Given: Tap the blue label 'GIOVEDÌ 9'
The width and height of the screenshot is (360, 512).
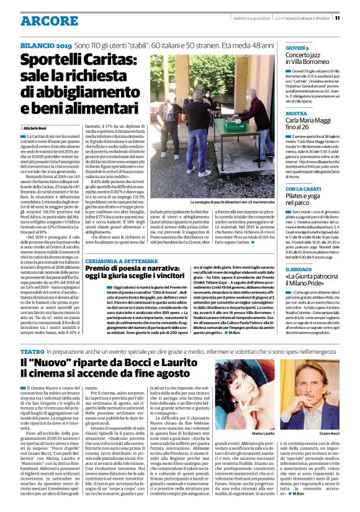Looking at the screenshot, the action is click(297, 48).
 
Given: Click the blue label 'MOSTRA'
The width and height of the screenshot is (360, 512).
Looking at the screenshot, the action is click(295, 114).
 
